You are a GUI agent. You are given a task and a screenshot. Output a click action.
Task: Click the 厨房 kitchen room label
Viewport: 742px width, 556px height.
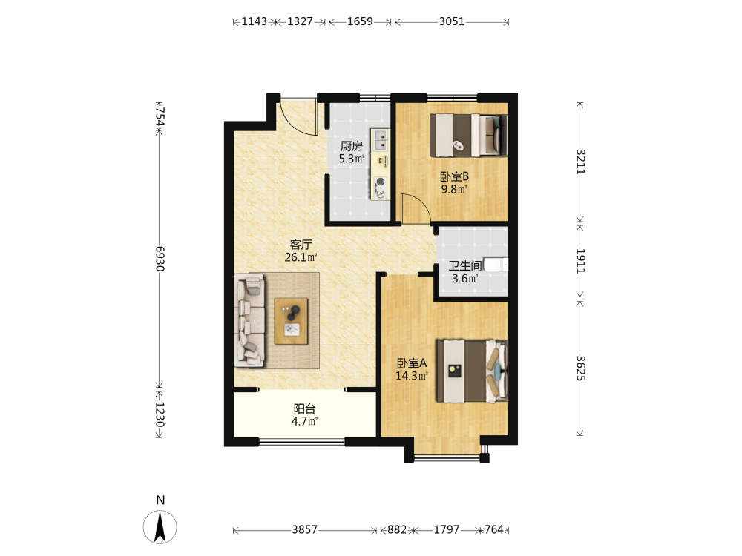click(x=352, y=146)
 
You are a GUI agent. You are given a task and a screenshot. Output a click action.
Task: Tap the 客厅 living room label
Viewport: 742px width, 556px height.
click(x=301, y=245)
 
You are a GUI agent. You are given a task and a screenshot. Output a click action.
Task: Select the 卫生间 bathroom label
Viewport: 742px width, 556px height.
click(x=465, y=265)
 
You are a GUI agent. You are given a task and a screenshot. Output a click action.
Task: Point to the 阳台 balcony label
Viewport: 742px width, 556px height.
click(x=304, y=408)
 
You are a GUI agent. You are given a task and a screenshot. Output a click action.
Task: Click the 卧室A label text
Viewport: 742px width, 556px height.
click(x=412, y=363)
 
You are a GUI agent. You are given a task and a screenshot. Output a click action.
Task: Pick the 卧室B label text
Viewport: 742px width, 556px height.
click(x=454, y=176)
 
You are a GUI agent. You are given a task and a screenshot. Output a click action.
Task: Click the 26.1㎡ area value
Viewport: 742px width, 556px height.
click(x=301, y=257)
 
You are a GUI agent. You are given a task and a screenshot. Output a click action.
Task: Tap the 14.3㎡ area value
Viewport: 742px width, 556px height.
click(x=412, y=376)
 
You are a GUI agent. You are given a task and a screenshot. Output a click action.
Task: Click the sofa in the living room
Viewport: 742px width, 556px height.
click(x=249, y=320)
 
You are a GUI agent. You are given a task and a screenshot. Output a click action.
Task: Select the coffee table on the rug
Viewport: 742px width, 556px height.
click(x=291, y=322)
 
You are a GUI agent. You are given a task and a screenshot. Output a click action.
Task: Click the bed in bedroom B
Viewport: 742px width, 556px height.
click(x=468, y=135)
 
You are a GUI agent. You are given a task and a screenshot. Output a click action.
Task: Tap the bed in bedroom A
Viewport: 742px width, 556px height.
click(x=472, y=371)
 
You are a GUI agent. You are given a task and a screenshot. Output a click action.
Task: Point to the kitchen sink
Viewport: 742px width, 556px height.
click(x=381, y=139)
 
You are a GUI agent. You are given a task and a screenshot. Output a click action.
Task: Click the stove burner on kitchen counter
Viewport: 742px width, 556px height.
click(x=381, y=182)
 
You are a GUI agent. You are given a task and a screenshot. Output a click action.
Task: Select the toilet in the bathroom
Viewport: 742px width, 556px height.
click(x=496, y=264)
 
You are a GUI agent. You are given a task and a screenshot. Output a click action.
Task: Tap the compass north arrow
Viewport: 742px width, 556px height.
click(x=160, y=526)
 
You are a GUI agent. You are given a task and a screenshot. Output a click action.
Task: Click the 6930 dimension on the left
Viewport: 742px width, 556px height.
click(x=160, y=259)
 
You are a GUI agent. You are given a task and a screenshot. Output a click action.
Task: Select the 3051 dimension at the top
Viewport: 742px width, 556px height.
click(x=451, y=21)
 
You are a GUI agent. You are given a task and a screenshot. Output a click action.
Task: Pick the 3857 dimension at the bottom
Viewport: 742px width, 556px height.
click(x=304, y=529)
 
